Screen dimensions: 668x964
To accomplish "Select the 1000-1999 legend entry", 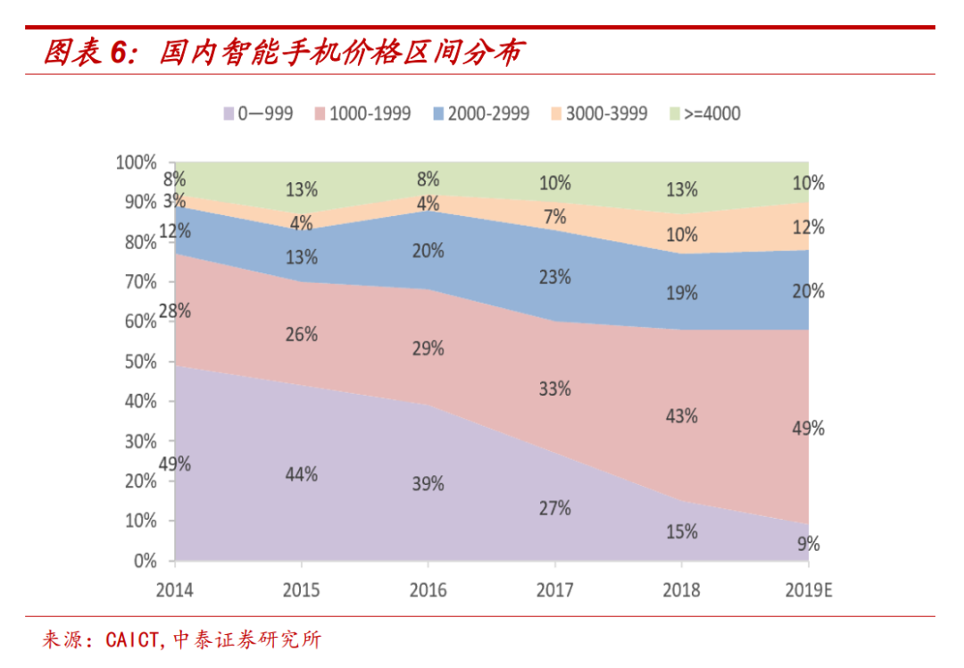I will pyautogui.click(x=361, y=113).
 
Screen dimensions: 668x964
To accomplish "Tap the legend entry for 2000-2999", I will pyautogui.click(x=480, y=113).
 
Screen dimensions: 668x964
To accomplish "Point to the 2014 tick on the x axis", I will pyautogui.click(x=174, y=590).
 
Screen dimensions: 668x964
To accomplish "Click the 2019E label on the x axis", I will pyautogui.click(x=808, y=590).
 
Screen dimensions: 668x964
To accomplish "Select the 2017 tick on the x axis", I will pyautogui.click(x=554, y=590).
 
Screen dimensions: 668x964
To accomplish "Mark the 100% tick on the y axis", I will pyautogui.click(x=135, y=163).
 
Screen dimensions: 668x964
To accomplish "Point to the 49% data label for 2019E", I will pyautogui.click(x=808, y=429).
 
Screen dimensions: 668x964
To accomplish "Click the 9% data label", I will pyautogui.click(x=809, y=544).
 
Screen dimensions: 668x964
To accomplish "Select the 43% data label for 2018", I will pyautogui.click(x=682, y=416).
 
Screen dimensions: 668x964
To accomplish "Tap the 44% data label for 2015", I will pyautogui.click(x=302, y=474).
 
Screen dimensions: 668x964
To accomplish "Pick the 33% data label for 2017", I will pyautogui.click(x=555, y=389).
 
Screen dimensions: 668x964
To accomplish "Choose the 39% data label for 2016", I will pyautogui.click(x=428, y=484).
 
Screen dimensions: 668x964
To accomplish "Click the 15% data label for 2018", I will pyautogui.click(x=682, y=531).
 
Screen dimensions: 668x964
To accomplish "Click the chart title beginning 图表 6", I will pyautogui.click(x=282, y=53).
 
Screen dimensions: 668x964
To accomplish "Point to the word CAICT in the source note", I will pyautogui.click(x=132, y=639).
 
